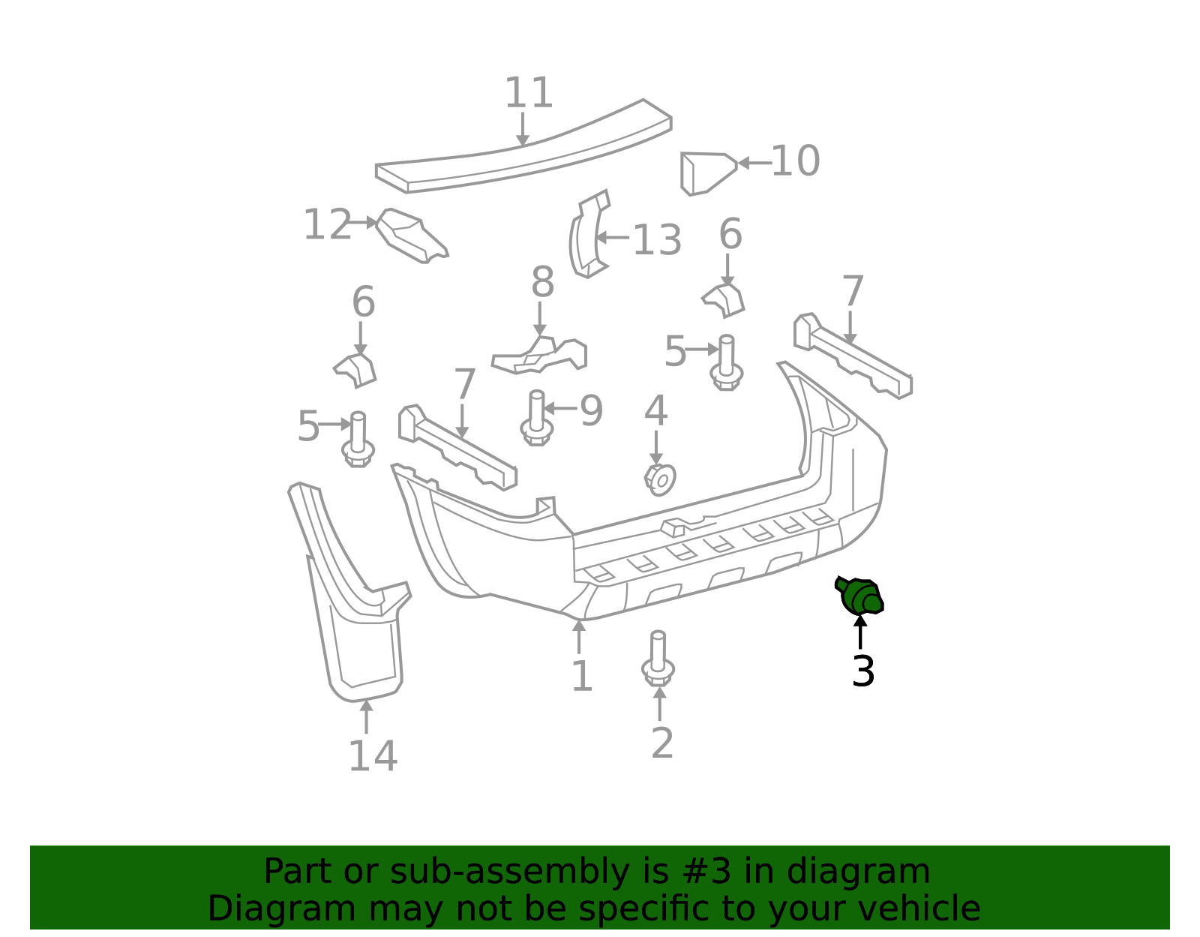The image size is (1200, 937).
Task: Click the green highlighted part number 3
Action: (x=859, y=596)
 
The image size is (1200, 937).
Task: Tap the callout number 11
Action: (x=529, y=93)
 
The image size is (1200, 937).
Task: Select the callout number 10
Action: (x=795, y=161)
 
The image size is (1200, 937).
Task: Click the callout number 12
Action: (x=327, y=224)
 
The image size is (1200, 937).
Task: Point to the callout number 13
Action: (x=656, y=240)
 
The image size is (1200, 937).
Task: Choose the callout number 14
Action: (x=373, y=756)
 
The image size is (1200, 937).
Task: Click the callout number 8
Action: (x=542, y=282)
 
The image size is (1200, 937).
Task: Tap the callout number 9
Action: (x=592, y=410)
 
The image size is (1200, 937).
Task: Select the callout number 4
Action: (x=656, y=410)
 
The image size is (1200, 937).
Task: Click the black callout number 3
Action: (x=863, y=671)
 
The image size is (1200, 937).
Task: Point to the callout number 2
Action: (x=662, y=743)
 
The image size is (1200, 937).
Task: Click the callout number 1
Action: (x=582, y=676)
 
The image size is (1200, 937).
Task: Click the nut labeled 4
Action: (x=660, y=480)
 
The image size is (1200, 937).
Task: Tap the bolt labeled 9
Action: (x=536, y=418)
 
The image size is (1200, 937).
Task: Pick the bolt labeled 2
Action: (x=658, y=659)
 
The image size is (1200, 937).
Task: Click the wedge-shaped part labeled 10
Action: (x=709, y=173)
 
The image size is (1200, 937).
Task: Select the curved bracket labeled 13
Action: (x=589, y=234)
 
